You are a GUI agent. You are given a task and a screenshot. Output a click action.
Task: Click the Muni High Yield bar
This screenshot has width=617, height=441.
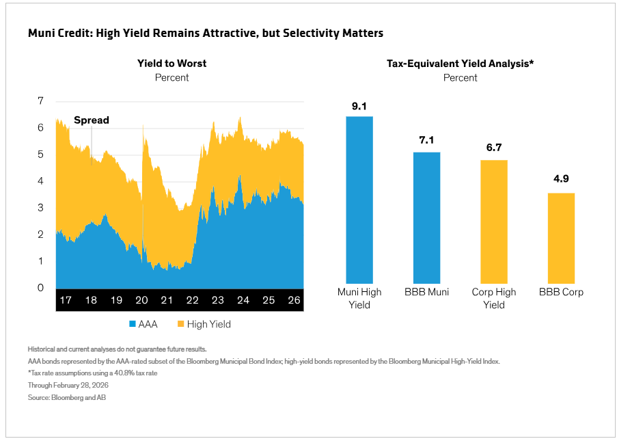359,200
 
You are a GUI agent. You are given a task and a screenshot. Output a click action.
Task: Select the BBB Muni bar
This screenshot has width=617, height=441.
426,217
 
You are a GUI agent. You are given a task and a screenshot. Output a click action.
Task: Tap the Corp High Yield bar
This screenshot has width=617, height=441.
494,222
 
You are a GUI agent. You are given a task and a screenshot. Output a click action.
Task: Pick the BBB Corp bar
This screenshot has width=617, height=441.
561,238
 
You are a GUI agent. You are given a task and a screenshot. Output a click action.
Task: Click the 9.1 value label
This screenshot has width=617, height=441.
359,106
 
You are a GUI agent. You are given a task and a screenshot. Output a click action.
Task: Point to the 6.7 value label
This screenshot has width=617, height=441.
494,148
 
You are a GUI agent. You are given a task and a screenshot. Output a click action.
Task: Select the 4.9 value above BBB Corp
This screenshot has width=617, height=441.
561,178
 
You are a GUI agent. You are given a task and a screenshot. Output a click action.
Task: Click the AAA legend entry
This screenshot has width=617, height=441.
143,325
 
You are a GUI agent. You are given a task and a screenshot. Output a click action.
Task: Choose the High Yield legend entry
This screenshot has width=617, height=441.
204,325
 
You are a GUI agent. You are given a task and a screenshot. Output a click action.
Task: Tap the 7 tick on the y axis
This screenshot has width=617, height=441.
40,101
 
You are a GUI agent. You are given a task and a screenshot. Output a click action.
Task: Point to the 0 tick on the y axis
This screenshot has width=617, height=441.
40,288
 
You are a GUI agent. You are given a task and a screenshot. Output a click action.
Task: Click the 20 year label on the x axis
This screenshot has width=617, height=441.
141,300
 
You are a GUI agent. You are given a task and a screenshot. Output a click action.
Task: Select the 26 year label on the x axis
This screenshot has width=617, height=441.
294,300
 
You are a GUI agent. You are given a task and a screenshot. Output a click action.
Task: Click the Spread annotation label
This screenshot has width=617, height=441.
92,120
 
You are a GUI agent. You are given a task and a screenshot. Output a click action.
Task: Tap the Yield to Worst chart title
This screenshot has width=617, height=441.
172,64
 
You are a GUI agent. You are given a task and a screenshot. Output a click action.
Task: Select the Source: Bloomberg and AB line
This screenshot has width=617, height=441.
67,398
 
